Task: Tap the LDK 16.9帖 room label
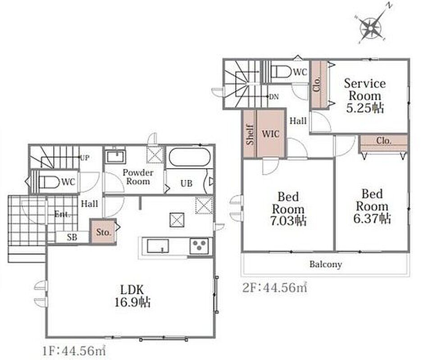coord(132,296)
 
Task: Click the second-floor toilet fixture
coord(281,72)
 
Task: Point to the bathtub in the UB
coord(189,157)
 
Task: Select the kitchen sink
coord(158,246)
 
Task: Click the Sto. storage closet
coord(103,232)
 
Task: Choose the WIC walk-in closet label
coord(271,134)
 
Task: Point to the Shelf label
coord(250,134)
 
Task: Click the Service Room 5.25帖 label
coord(365,96)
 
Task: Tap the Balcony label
coord(326,264)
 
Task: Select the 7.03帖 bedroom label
coord(288,208)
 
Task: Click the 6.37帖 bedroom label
coord(372,206)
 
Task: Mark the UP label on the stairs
coord(85,158)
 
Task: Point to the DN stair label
coord(274,97)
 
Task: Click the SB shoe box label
coord(72,238)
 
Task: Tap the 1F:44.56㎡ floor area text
coord(73,351)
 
